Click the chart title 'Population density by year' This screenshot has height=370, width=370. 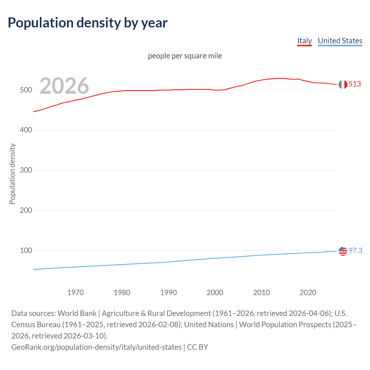point(88,23)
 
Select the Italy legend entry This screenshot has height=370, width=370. point(304,41)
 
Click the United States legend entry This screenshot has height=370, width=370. point(340,41)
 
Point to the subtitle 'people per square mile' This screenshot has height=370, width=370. point(185,56)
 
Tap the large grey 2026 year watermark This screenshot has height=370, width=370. point(64,86)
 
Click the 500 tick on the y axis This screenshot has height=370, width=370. point(26,90)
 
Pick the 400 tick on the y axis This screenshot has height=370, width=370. point(26,130)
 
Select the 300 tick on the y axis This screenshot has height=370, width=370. point(26,170)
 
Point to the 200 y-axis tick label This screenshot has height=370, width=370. point(26,210)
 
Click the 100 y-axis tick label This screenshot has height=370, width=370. point(26,250)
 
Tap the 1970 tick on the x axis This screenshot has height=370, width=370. point(75,293)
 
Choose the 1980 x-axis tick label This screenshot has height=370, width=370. point(122,293)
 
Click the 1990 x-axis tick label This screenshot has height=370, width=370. point(169,293)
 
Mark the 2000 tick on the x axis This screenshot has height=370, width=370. point(215,293)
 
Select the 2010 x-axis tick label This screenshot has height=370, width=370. point(262,293)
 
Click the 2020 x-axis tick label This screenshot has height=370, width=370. point(308,293)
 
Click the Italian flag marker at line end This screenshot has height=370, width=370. point(343,84)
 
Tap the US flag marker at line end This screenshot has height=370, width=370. point(343,251)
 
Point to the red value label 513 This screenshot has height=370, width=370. point(355,84)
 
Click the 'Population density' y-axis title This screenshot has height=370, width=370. point(12,174)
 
